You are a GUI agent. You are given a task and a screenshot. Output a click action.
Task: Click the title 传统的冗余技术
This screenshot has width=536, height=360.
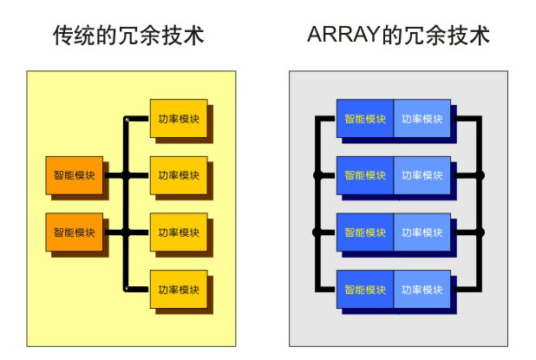[129, 36]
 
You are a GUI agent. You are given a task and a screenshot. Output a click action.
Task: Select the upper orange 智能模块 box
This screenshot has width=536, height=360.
[75, 175]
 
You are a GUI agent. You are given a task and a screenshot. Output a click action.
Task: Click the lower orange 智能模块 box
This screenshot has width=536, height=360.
[75, 232]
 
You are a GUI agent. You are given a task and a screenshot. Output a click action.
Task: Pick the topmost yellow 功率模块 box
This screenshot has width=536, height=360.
[179, 119]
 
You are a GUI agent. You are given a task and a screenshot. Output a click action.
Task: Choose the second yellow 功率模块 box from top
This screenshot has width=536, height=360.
[179, 175]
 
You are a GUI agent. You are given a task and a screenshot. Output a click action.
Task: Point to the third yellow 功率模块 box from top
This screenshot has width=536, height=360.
[179, 232]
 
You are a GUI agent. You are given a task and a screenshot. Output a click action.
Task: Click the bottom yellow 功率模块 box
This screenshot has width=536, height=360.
[179, 289]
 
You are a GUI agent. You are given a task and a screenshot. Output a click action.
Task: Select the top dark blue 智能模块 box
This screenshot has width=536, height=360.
[365, 119]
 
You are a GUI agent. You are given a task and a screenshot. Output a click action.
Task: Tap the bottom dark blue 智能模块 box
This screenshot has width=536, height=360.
[365, 289]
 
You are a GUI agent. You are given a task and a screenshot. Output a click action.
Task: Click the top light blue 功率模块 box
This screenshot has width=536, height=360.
[422, 119]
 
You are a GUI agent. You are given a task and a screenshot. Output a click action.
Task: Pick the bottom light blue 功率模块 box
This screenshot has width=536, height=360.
[422, 289]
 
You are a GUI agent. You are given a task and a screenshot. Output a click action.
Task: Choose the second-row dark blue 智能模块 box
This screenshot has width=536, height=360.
[365, 175]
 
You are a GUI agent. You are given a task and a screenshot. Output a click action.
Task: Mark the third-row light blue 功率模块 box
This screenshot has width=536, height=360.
[422, 232]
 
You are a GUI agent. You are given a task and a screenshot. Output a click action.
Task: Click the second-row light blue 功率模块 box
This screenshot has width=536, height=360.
[422, 175]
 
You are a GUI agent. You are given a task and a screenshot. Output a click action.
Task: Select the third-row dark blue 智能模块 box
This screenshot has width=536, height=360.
[365, 232]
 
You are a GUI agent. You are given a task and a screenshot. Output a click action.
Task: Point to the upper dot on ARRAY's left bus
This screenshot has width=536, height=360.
[317, 175]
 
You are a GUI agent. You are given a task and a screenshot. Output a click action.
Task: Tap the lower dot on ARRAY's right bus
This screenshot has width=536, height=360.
[480, 232]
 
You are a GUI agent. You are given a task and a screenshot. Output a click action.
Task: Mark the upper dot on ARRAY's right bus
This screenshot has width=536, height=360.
[480, 175]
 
